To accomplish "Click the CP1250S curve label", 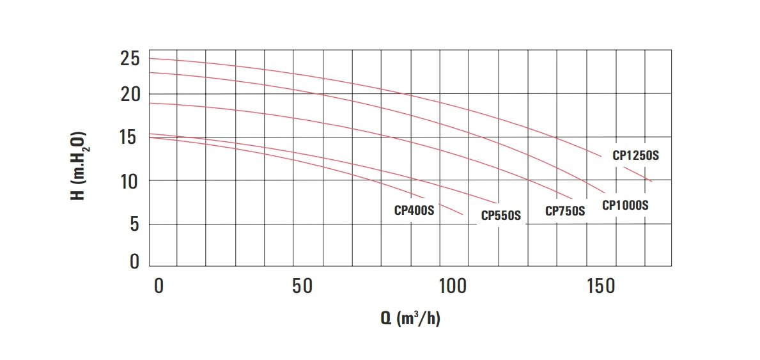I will pos(635,155).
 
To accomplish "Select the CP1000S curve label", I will pos(625,205).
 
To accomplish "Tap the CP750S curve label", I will pos(565,211).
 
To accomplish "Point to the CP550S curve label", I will pos(501,215).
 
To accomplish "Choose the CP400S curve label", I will pos(414,210).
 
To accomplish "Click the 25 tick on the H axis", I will pos(130,60).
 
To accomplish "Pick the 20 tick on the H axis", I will pos(130,95).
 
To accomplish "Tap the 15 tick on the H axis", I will pos(130,137).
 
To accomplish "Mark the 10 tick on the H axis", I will pos(130,181).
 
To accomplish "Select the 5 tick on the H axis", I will pos(134,224).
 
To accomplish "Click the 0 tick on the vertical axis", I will pos(134,261).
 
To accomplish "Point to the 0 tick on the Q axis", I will pos(159,286).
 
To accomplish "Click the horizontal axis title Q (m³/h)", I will pos(410,318).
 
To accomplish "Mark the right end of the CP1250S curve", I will pos(651,182).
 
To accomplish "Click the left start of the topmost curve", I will pos(150,59).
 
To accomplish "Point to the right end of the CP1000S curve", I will pos(604,192).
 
